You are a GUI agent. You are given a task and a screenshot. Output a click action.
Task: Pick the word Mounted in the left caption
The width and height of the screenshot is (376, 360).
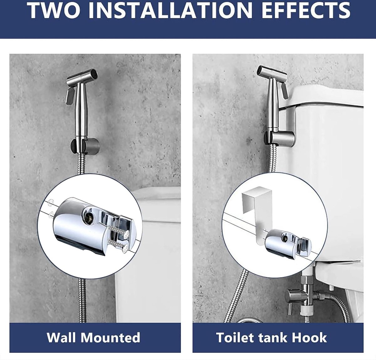tap(110, 337)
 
